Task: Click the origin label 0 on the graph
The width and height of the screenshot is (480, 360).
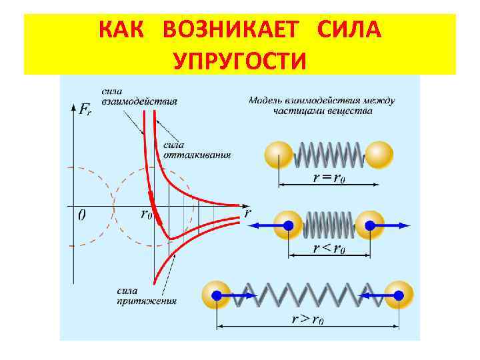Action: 81,215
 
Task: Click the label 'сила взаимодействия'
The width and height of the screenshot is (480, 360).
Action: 139,97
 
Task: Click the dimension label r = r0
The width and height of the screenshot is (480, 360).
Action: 329,177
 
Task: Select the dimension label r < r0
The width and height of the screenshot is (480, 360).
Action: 329,248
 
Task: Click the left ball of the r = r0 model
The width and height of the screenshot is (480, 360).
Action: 279,155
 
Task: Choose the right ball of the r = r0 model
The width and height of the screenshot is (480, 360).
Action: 379,155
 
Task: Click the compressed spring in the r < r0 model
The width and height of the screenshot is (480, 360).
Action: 328,225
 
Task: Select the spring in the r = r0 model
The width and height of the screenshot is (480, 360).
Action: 329,155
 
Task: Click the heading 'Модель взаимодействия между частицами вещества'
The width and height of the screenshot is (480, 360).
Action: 322,105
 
